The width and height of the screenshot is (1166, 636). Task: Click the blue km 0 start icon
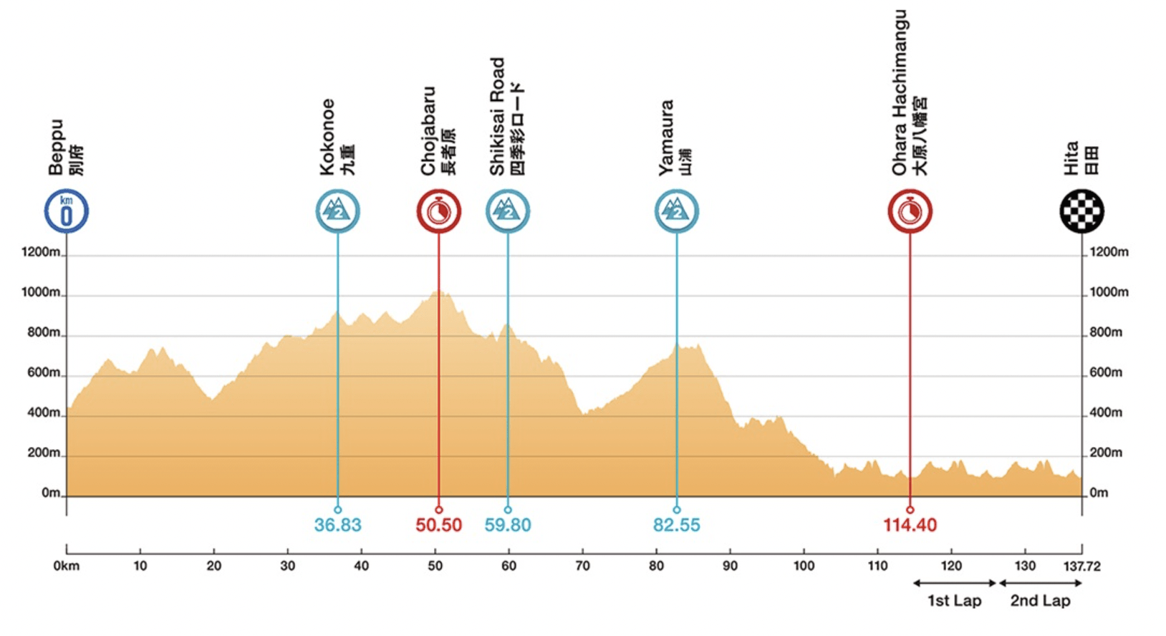click(67, 211)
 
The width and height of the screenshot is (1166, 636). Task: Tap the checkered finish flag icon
click(1081, 211)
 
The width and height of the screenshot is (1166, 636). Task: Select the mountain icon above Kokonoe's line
click(337, 211)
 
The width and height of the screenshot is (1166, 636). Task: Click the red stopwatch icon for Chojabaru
click(438, 211)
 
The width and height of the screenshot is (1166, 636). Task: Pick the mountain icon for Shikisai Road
click(508, 211)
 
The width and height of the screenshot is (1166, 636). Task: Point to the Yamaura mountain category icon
click(676, 211)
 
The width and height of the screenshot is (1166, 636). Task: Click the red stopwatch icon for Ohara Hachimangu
click(910, 211)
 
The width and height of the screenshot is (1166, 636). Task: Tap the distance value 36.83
click(337, 525)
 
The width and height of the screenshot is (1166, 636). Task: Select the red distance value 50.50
click(438, 525)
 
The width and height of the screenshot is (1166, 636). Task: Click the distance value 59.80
click(508, 525)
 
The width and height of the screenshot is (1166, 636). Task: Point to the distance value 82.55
click(676, 525)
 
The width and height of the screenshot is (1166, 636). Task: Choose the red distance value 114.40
click(910, 525)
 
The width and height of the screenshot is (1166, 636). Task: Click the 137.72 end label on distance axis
click(1081, 567)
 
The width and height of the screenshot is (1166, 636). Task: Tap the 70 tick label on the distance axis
click(582, 566)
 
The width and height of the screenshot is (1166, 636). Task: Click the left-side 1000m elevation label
click(41, 292)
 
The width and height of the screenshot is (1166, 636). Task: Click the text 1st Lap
click(954, 601)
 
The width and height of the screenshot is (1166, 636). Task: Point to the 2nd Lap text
click(1040, 601)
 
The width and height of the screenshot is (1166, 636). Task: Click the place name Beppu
click(56, 148)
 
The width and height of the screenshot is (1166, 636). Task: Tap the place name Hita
click(1071, 158)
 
